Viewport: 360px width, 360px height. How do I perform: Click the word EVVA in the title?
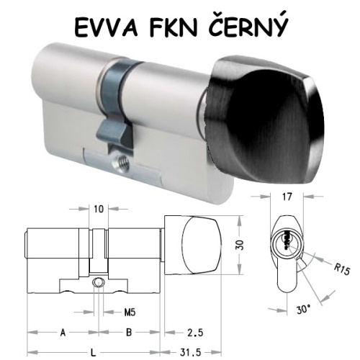(106, 27)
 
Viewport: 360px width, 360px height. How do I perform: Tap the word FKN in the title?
(173, 27)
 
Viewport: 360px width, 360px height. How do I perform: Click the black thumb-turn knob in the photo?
(264, 120)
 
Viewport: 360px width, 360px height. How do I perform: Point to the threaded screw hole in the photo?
(122, 163)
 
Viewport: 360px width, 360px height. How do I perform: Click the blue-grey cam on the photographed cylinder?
(116, 106)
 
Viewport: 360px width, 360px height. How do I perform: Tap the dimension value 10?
(99, 209)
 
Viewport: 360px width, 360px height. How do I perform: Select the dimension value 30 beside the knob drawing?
(240, 245)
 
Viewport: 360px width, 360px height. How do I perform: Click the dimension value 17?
(287, 197)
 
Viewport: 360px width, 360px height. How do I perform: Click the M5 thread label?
(130, 312)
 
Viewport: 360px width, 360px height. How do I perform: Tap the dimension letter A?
(63, 333)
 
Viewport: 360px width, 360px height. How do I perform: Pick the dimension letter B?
(129, 333)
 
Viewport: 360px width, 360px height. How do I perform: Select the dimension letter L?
(94, 353)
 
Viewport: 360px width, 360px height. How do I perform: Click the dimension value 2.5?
(195, 333)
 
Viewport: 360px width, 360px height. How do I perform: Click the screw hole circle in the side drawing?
(99, 282)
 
